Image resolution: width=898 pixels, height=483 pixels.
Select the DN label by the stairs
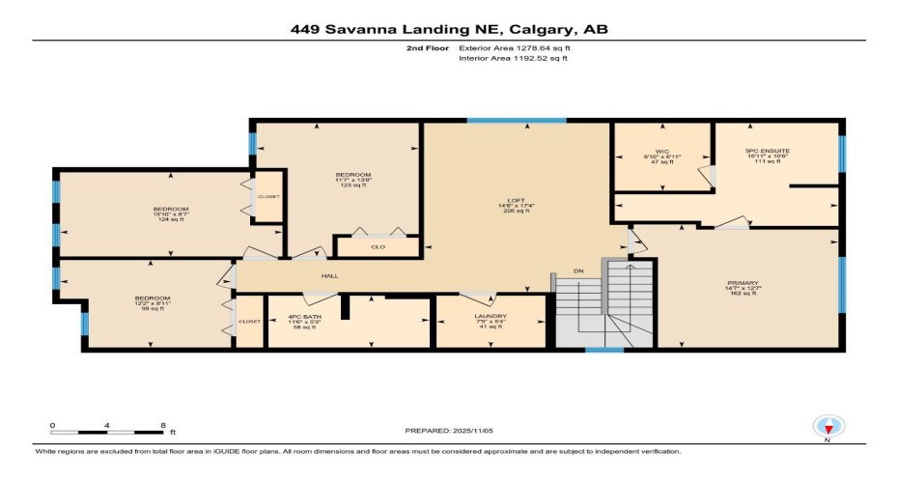coord(577,270)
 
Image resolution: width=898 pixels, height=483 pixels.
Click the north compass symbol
coord(827,425)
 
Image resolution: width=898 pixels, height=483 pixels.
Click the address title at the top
coord(449,29)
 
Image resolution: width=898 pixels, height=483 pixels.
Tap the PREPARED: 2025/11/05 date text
coord(448,430)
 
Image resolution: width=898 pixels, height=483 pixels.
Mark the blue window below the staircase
coord(604,350)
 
